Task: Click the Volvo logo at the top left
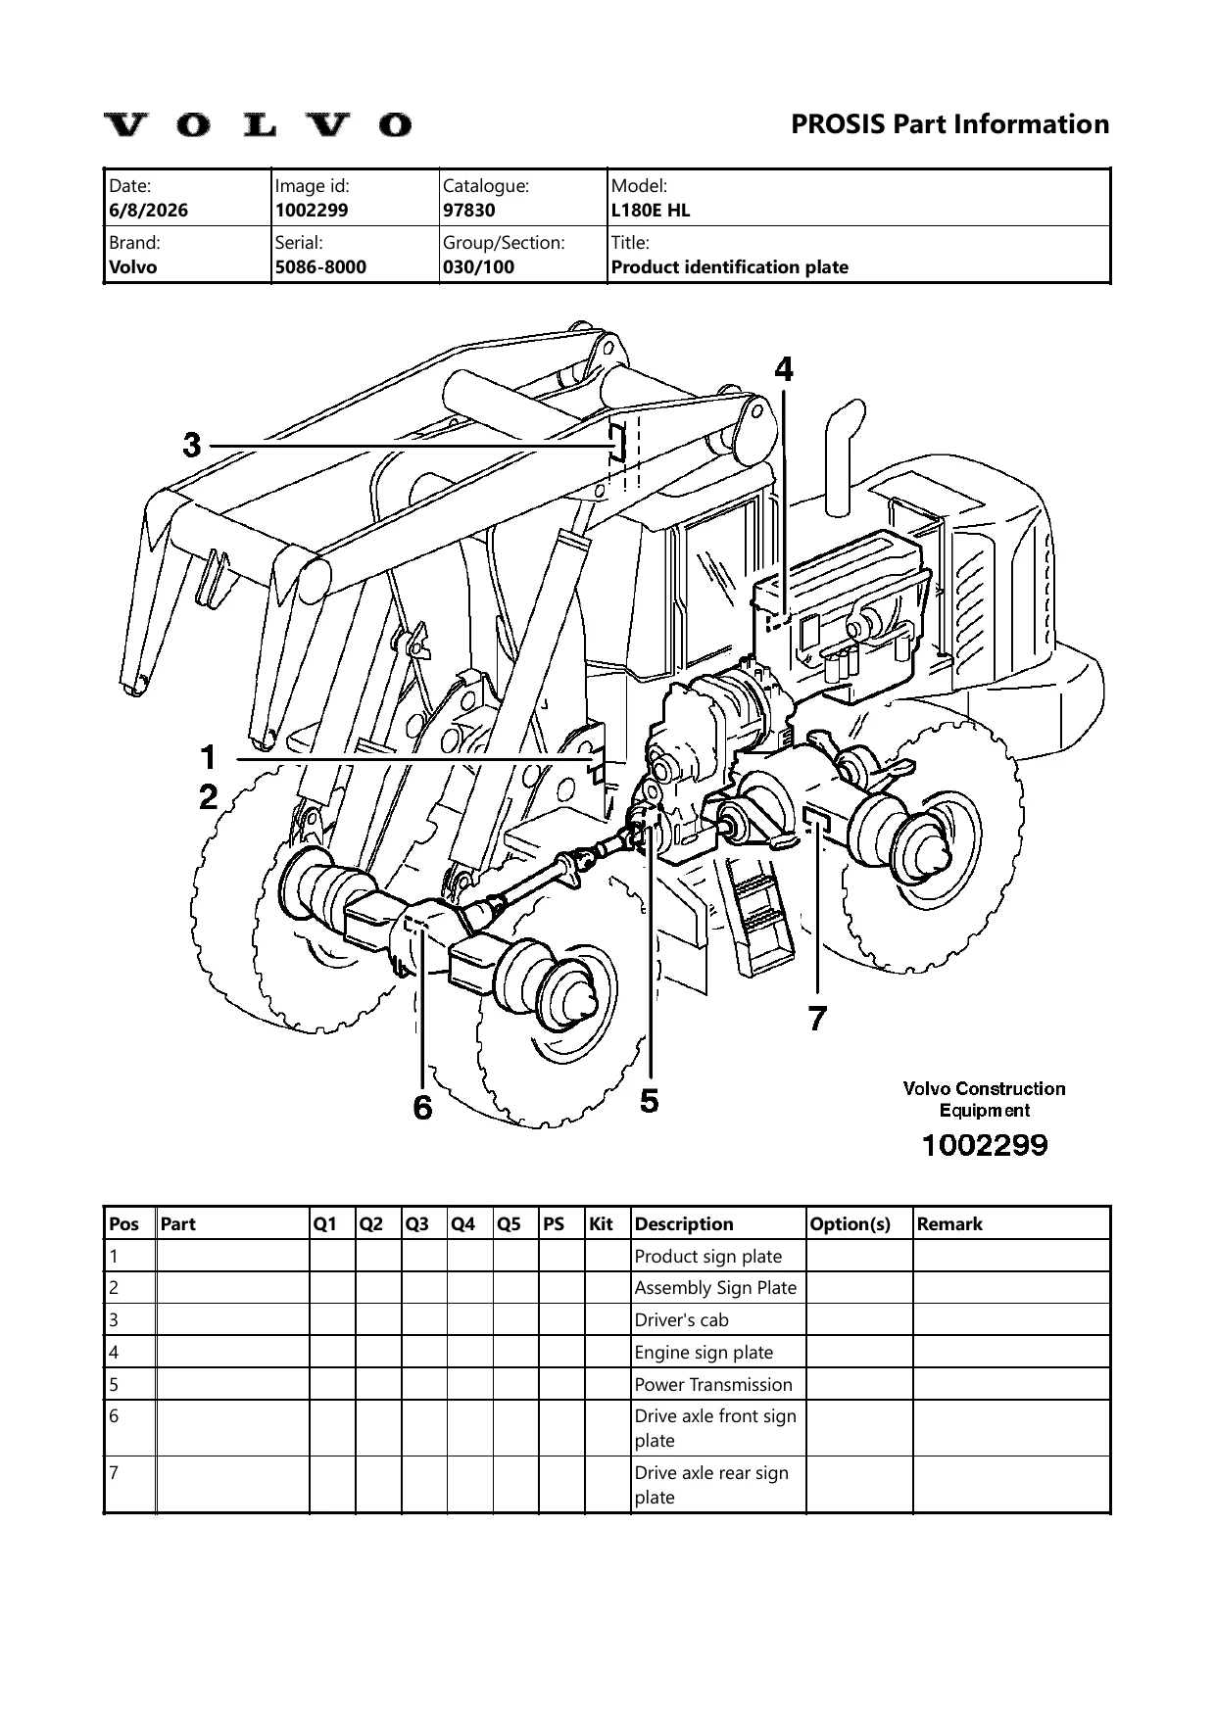pos(258,124)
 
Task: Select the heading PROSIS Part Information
pos(949,124)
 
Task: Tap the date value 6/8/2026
pos(149,210)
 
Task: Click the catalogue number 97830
pos(469,210)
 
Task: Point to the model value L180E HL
pos(651,210)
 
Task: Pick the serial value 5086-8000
pos(320,266)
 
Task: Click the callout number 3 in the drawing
pos(192,446)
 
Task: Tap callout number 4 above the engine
pos(784,368)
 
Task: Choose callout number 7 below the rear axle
pos(817,1019)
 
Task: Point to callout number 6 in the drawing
pos(422,1108)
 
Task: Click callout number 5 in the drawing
pos(650,1101)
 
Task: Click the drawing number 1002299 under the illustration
pos(984,1144)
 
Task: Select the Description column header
pos(684,1223)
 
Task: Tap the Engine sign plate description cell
pos(704,1352)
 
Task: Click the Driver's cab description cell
pos(682,1319)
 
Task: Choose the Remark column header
pos(949,1223)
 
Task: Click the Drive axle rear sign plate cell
pos(711,1485)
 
